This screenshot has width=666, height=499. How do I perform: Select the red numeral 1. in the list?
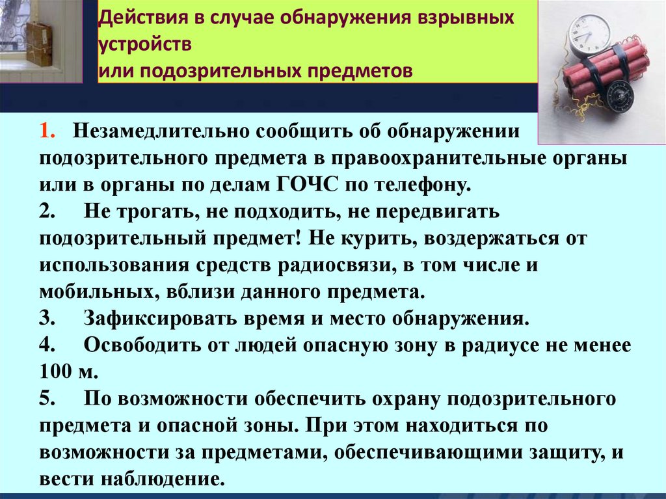pos(49,131)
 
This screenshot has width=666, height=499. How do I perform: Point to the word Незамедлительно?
pos(161,131)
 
